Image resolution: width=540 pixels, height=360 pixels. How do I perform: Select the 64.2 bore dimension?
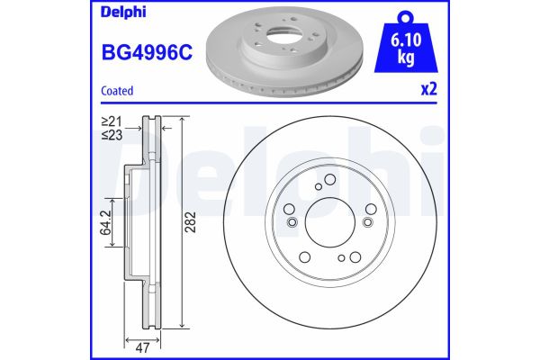pos(104,222)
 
